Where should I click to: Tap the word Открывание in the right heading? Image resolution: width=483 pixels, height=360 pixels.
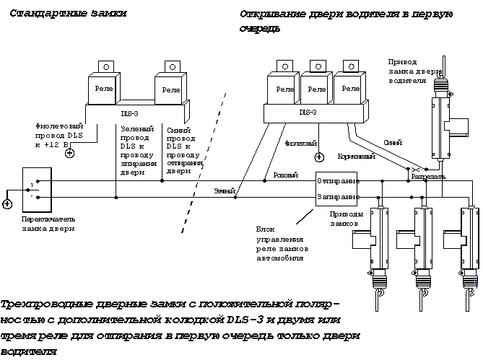point(274,15)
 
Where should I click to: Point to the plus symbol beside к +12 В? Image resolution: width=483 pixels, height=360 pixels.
point(69,153)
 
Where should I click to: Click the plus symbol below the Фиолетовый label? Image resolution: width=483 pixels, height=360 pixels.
point(318,156)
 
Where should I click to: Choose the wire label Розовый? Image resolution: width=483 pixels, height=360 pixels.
point(283,175)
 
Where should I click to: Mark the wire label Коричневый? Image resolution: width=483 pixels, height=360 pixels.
point(355,156)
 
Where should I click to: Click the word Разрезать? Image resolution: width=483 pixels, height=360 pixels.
point(428,176)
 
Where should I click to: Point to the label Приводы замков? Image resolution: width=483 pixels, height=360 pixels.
point(344,219)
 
